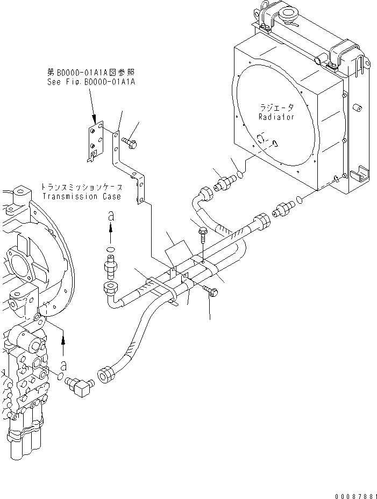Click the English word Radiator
(276, 117)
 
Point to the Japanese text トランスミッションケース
(81, 187)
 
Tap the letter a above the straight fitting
(111, 216)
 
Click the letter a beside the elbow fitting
(64, 364)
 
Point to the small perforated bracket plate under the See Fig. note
(95, 141)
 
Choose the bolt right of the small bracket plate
(130, 142)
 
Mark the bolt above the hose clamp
(203, 235)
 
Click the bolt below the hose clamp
(211, 293)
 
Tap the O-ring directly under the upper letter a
(111, 249)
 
